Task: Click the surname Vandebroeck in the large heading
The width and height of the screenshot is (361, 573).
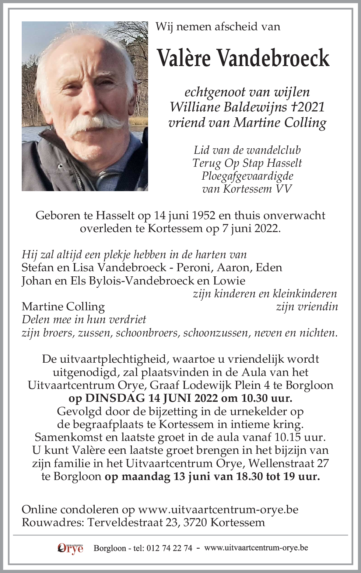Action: (272, 58)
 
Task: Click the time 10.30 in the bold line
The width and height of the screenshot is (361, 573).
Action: (254, 398)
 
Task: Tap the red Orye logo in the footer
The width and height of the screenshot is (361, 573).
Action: (70, 548)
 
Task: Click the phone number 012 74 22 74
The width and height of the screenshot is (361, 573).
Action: (169, 548)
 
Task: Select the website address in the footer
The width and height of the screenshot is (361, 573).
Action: (256, 548)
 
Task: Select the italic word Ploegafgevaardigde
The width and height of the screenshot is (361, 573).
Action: (247, 176)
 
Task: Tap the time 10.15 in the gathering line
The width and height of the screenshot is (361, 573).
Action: (287, 437)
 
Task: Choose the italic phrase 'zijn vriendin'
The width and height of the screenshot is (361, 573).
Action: (306, 307)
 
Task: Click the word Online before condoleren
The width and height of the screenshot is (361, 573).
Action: (39, 510)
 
